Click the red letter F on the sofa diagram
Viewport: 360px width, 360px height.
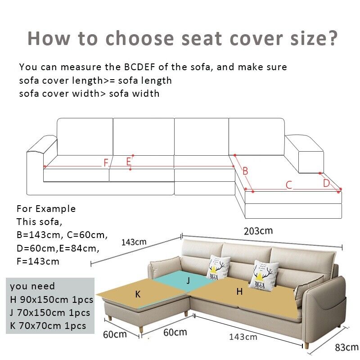(106, 163)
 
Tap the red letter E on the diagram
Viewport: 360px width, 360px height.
(128, 161)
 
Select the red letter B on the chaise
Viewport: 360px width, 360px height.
(245, 171)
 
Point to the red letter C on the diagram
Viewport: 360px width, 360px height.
(289, 185)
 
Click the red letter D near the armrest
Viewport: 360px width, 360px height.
(326, 183)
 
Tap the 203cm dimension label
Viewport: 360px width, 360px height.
(258, 231)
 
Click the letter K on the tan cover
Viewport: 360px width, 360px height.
(138, 294)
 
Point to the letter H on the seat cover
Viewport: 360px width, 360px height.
(239, 292)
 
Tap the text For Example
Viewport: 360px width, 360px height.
(46, 209)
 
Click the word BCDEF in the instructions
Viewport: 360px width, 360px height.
(139, 67)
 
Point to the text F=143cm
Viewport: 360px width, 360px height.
(38, 261)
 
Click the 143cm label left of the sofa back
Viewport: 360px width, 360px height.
(134, 242)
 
